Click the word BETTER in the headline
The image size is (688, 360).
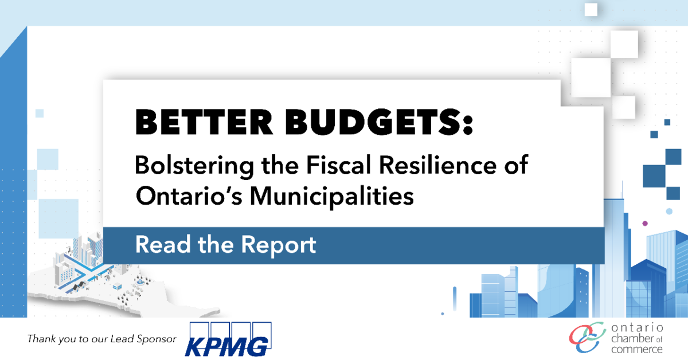click(x=204, y=122)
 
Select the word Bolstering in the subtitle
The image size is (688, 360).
click(x=194, y=166)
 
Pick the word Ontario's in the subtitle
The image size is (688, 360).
click(x=189, y=195)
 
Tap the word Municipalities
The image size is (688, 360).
click(x=332, y=197)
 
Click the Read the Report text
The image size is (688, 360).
click(x=226, y=245)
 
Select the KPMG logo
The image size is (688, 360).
click(x=228, y=339)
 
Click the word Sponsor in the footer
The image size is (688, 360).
click(x=157, y=339)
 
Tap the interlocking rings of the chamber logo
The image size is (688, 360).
click(x=587, y=338)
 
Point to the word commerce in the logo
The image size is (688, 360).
click(x=637, y=349)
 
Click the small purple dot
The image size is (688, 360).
click(x=645, y=224)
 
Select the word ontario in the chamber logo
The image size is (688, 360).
click(x=637, y=328)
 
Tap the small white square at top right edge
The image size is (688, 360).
click(x=591, y=10)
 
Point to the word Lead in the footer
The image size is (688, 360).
click(x=123, y=338)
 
